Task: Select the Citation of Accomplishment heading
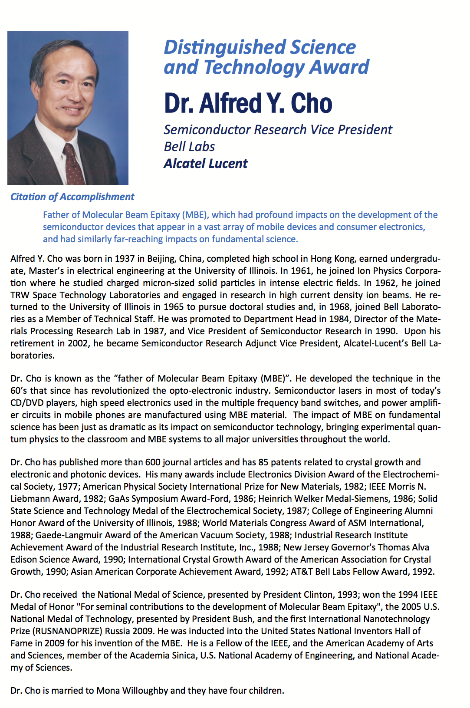coord(72,197)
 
